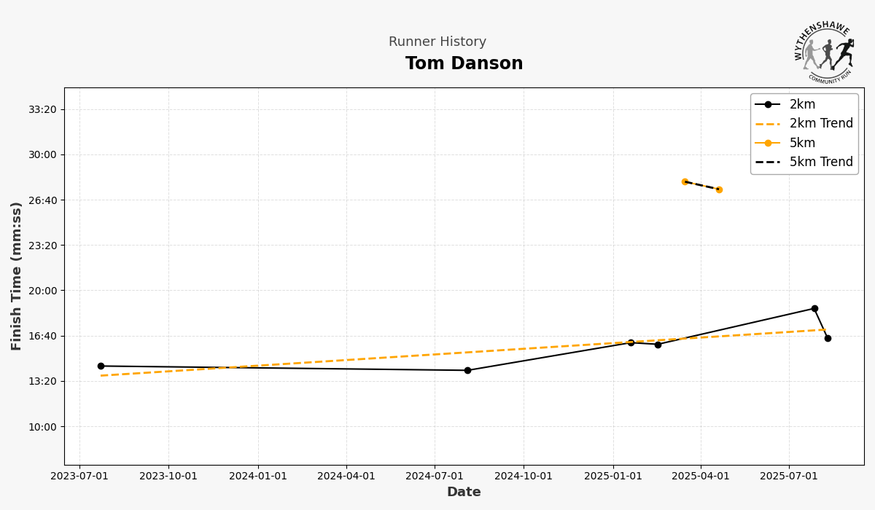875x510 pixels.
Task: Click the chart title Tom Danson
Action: (464, 64)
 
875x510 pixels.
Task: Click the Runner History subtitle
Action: (437, 42)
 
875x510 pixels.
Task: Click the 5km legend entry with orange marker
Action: (802, 143)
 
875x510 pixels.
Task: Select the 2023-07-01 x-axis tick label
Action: (79, 476)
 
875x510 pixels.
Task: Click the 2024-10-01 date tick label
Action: (524, 476)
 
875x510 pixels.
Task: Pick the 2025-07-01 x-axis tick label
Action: (789, 476)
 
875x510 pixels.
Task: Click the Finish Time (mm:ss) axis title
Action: (17, 276)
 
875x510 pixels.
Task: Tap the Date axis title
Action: (464, 493)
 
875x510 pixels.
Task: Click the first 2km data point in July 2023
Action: (101, 366)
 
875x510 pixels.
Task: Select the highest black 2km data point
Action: (814, 309)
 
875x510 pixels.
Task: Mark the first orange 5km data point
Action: (685, 181)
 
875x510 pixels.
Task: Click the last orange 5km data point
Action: (719, 189)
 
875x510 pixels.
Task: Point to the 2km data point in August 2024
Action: (467, 370)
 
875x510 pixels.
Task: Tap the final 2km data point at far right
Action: (828, 338)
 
